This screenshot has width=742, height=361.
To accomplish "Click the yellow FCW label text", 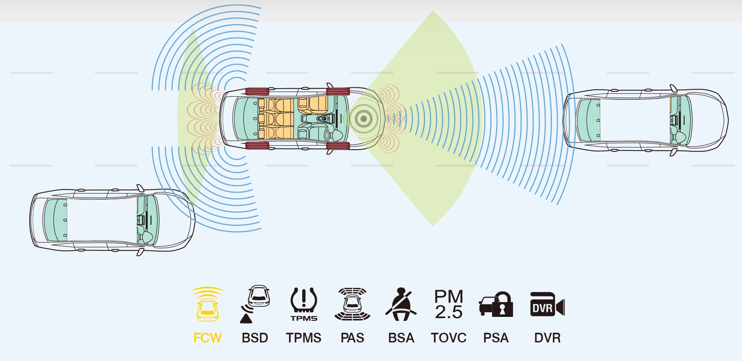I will (208, 338).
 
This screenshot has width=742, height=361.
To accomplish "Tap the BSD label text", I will (255, 338).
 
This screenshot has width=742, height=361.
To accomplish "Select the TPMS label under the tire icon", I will (304, 338).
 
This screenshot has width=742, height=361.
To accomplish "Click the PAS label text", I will (352, 338).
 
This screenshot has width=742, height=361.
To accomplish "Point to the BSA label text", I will (401, 338).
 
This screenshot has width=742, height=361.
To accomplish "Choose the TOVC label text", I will (449, 338).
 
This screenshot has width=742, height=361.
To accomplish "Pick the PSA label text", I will (496, 338).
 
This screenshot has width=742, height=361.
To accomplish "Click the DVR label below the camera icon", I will (547, 338).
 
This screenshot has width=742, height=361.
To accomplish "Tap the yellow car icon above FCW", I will (208, 310).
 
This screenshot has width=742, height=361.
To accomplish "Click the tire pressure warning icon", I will (304, 301).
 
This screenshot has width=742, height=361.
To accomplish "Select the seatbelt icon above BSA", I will (401, 305).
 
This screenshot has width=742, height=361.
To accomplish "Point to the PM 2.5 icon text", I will (449, 305).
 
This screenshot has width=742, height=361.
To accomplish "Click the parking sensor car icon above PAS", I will (352, 305).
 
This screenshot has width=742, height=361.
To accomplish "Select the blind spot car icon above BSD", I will (259, 296).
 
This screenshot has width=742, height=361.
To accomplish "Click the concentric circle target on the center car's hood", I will (363, 119).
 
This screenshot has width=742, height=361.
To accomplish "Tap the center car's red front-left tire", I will (338, 92).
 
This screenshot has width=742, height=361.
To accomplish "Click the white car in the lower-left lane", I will (112, 220).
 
